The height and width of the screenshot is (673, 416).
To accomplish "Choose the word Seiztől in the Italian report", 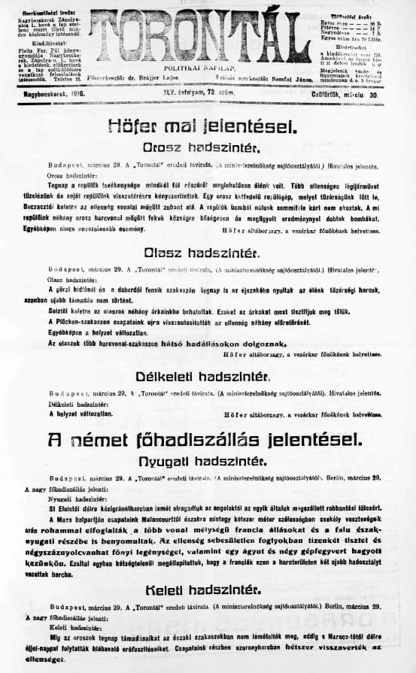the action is pos(59,311).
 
